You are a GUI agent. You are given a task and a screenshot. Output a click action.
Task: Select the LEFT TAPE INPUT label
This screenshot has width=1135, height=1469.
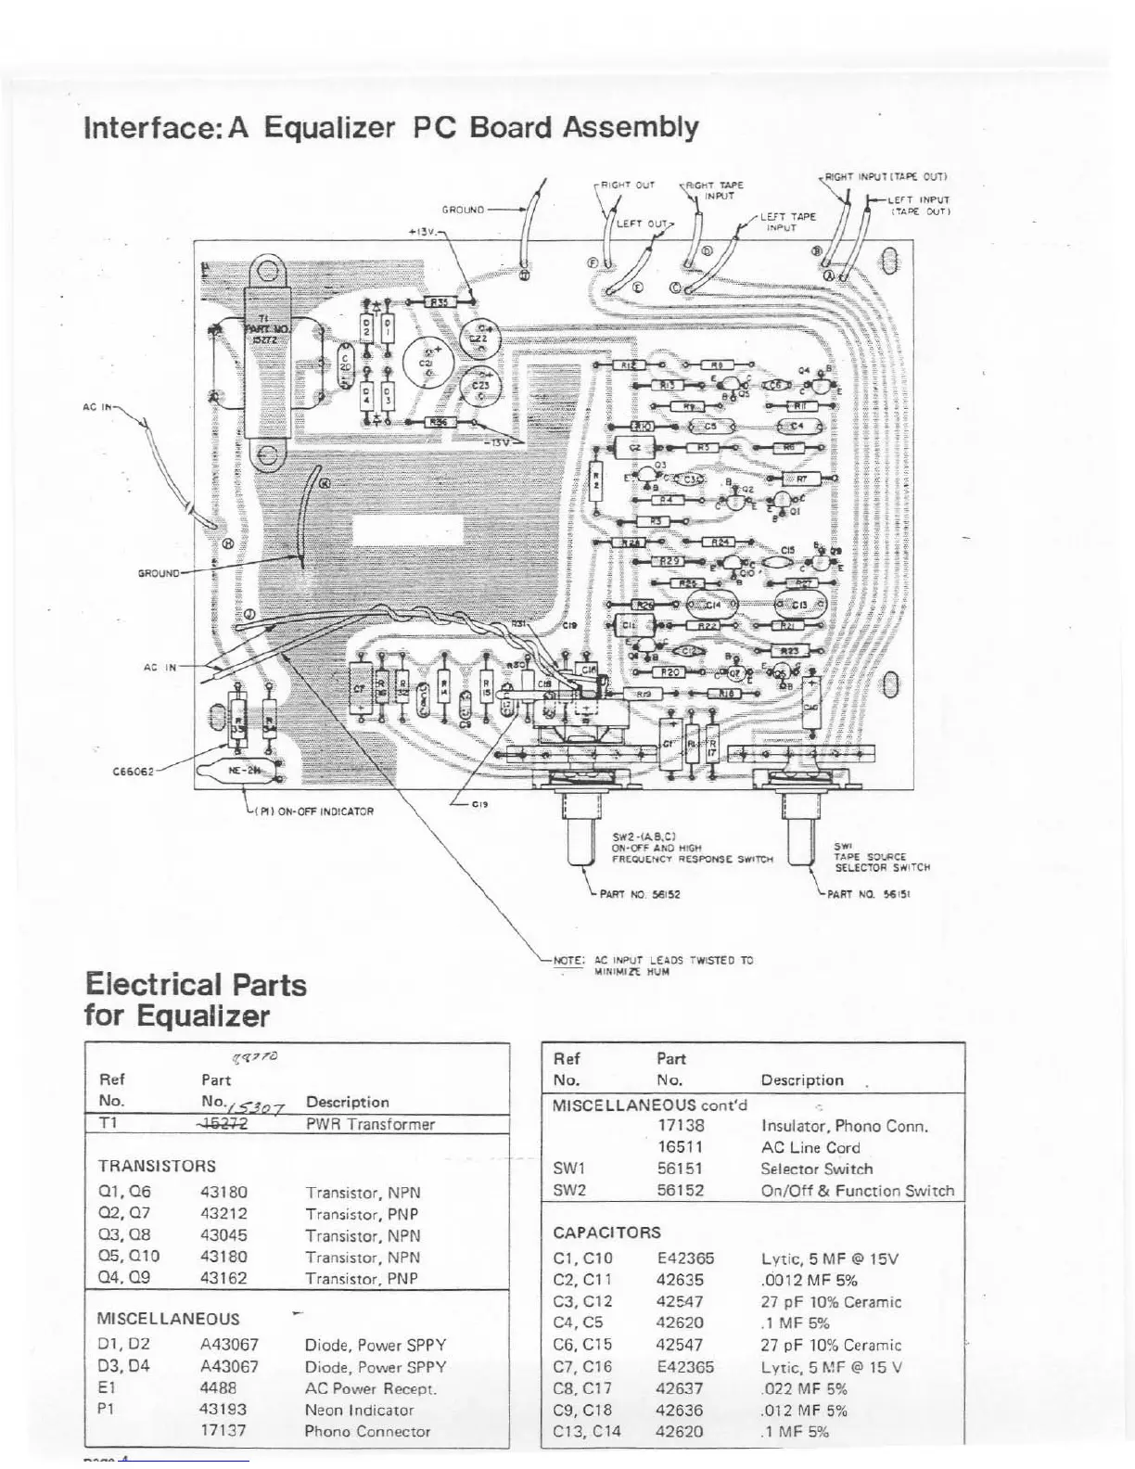(x=787, y=222)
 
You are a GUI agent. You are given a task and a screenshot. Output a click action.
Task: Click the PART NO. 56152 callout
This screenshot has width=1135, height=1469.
(x=640, y=895)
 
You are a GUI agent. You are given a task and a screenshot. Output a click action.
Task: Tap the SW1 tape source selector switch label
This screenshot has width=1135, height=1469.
(x=881, y=858)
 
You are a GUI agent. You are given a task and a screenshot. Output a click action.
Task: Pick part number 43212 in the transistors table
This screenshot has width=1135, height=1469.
(x=223, y=1213)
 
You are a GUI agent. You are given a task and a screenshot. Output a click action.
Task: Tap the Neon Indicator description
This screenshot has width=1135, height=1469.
(x=359, y=1410)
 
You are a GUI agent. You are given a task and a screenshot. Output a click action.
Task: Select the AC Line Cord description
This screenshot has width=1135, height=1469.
(x=810, y=1147)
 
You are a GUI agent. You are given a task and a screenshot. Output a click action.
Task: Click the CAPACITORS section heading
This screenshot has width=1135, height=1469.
(x=606, y=1233)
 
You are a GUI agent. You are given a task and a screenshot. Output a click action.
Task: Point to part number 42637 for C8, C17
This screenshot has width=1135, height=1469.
(x=680, y=1388)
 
